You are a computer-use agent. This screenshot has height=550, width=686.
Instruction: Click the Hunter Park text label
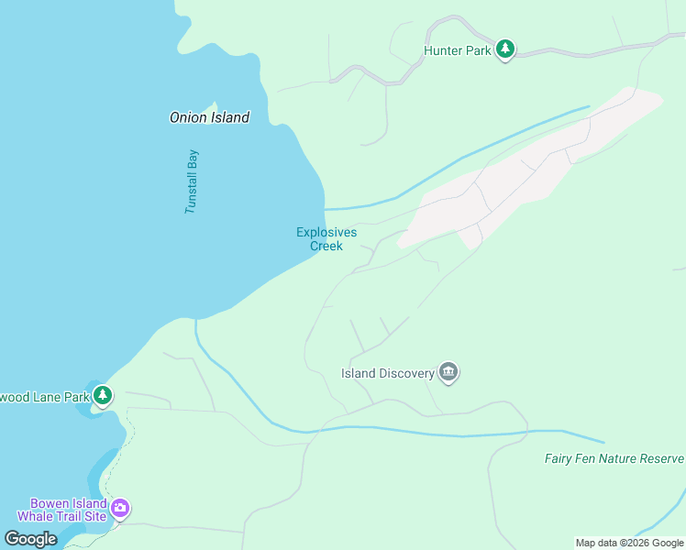point(457,51)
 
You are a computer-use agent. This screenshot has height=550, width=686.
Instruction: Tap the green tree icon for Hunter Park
point(504,49)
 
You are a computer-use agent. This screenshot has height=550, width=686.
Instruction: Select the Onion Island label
point(209,117)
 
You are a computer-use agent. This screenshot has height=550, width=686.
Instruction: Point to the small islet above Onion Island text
point(215,104)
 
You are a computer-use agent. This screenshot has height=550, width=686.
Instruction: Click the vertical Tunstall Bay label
point(192,181)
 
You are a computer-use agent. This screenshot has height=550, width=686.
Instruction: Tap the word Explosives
point(326,232)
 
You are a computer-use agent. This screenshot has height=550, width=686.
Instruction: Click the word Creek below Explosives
point(326,246)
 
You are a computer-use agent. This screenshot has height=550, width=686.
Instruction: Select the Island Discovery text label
point(387,373)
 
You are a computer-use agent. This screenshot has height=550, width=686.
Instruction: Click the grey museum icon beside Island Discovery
point(448,372)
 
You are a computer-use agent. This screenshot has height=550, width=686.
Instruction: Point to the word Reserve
point(662,458)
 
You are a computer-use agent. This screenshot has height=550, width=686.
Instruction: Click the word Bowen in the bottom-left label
point(49,503)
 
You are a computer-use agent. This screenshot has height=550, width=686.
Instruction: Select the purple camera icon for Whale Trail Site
point(120,508)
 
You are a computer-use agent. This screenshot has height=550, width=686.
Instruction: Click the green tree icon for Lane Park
point(104,396)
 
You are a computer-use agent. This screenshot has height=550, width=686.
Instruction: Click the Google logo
point(31,539)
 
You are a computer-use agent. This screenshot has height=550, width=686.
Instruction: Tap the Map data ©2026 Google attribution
point(629,543)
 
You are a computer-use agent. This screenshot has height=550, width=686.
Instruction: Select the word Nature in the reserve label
point(612,458)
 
